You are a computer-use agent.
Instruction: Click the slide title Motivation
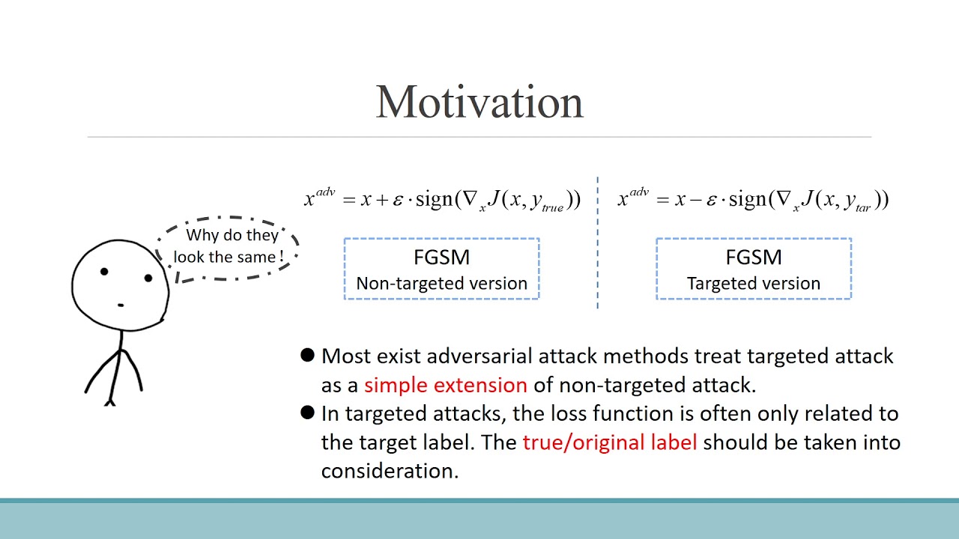479,103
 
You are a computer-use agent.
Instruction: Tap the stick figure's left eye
104,271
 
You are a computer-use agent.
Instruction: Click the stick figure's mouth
121,305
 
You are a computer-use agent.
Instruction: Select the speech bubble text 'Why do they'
232,235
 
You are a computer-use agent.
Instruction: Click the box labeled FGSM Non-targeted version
441,269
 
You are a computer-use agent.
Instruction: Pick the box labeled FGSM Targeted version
753,269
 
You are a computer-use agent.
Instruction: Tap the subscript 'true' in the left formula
551,208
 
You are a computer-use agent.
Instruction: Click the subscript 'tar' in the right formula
862,208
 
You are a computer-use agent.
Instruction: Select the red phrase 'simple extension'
446,385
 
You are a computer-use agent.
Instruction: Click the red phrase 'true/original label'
610,442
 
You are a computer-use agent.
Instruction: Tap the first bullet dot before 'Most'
306,355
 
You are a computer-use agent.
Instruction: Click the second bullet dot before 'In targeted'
306,412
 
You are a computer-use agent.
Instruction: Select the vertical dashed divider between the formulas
597,243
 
